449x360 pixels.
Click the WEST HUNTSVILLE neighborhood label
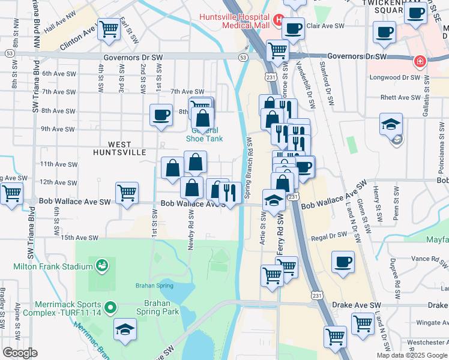tap(127, 148)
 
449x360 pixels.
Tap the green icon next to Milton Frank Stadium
tap(101, 265)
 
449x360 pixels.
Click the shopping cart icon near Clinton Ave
tap(109, 28)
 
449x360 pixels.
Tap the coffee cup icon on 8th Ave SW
tap(161, 115)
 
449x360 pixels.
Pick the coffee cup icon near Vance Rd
tap(343, 262)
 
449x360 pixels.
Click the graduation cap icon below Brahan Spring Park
tap(125, 329)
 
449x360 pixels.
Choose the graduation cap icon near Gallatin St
tap(391, 124)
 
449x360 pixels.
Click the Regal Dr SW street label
tap(330, 238)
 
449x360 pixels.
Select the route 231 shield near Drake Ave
tap(317, 295)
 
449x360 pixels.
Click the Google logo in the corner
tap(20, 353)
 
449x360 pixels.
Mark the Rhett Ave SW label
tap(400, 97)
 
